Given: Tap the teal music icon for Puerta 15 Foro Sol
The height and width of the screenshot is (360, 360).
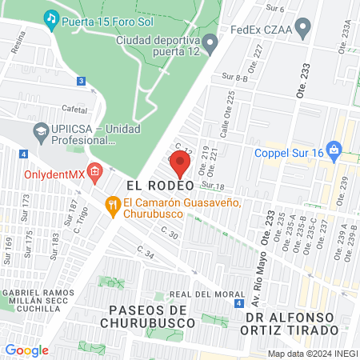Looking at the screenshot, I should pyautogui.click(x=51, y=18).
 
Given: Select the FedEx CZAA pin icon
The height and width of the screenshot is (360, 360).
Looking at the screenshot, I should pyautogui.click(x=302, y=31).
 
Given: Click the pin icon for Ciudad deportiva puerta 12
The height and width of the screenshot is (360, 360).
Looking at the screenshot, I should pyautogui.click(x=211, y=42).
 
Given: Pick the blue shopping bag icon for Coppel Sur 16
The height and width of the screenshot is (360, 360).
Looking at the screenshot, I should pyautogui.click(x=334, y=150).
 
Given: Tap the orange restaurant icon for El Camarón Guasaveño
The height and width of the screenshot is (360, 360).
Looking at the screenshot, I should pyautogui.click(x=113, y=206).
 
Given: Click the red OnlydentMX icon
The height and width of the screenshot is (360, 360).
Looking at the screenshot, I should pyautogui.click(x=94, y=171).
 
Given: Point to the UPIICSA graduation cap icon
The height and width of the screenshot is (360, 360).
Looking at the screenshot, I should pyautogui.click(x=40, y=130).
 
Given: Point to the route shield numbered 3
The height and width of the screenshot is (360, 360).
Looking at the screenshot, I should pyautogui.click(x=81, y=81).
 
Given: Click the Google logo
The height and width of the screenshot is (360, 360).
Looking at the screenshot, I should pyautogui.click(x=27, y=350).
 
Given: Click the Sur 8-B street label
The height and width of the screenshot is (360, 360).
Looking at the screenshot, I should pyautogui.click(x=233, y=77).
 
